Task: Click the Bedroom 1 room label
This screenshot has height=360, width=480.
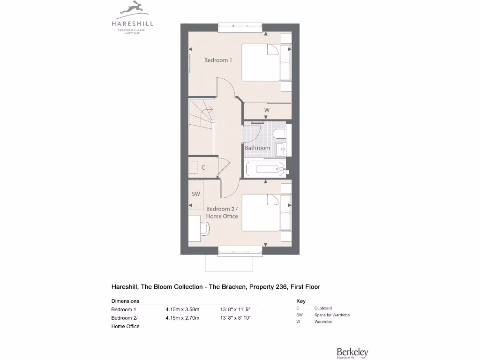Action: coord(218,60)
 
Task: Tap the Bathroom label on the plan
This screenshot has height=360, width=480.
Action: coord(257,148)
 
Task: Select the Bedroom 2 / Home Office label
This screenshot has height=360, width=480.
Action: coord(222,212)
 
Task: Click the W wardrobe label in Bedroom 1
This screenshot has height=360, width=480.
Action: coord(267,111)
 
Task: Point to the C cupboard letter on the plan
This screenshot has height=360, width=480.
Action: coord(203,167)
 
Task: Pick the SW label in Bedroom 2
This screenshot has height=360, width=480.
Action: coord(196,194)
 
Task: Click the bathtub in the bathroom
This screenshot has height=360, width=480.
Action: coord(265,168)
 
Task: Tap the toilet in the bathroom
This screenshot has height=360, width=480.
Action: coord(279,134)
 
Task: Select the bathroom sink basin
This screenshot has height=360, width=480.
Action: coord(281,149)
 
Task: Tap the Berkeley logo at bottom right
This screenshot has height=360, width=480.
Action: coord(352,352)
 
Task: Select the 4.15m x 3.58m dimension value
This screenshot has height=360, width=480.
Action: coord(182,309)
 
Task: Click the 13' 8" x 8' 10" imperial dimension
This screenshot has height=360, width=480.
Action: coord(235,318)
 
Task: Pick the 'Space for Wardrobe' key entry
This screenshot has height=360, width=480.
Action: coord(332,315)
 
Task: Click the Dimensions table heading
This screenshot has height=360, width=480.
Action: coord(125,301)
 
